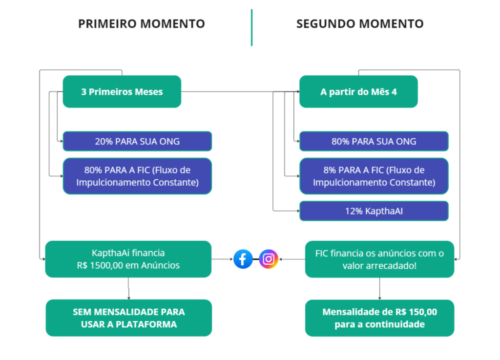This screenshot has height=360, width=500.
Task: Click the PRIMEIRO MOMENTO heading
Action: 141,23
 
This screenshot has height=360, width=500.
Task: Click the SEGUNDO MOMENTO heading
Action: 359,23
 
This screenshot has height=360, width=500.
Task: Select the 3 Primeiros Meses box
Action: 122,91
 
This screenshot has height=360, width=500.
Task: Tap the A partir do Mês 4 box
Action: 358,91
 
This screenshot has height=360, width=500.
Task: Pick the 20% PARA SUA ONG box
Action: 137,141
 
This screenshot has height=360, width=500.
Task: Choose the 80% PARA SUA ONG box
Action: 374,141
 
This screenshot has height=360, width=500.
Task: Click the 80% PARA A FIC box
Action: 137,176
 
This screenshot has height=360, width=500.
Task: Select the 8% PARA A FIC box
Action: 374,176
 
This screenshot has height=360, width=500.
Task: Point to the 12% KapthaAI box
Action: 374,211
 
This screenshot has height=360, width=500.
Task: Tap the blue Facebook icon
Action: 243,259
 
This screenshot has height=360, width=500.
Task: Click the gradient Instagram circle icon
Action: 269,259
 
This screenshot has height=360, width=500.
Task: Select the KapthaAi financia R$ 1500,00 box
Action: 128,259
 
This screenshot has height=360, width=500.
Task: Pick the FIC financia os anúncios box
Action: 379,259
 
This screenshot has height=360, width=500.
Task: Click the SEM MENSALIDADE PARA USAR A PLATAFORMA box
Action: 129,318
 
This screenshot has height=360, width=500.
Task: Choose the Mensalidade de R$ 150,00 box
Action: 379,318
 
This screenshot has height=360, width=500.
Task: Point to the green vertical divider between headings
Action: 251,27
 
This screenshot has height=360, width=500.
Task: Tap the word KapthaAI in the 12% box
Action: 383,211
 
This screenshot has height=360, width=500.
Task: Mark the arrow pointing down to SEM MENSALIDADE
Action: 128,289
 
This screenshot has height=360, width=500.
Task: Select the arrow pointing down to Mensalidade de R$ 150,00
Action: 379,289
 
